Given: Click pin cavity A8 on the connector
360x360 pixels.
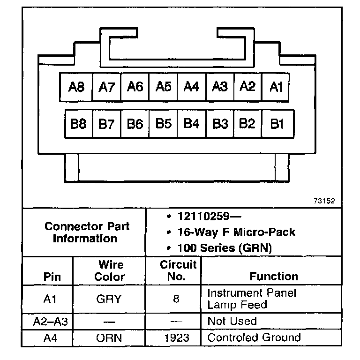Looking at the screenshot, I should [x=76, y=87].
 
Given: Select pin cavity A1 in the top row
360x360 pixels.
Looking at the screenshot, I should [x=277, y=87].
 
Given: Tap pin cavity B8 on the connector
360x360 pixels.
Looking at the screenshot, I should [x=78, y=124].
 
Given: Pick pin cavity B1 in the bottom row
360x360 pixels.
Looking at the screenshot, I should [x=277, y=124].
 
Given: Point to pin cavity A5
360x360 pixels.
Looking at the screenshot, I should [x=164, y=87].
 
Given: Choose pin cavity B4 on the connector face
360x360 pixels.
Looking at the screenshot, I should [x=192, y=124].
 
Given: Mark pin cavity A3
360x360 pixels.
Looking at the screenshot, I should [x=220, y=87].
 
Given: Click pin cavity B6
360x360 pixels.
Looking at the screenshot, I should [x=135, y=124].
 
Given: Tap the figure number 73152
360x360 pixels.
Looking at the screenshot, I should [x=324, y=201].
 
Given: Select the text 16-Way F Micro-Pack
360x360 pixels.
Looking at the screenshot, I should [x=237, y=232].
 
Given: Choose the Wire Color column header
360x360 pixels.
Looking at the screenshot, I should [x=109, y=270].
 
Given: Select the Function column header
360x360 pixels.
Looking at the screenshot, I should [x=273, y=276].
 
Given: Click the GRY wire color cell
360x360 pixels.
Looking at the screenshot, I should [x=109, y=299].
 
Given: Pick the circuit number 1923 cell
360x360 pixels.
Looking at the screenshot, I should [x=176, y=337].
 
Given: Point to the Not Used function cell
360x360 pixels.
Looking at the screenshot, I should [x=232, y=321].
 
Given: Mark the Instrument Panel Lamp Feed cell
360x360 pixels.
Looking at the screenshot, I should [x=251, y=299].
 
